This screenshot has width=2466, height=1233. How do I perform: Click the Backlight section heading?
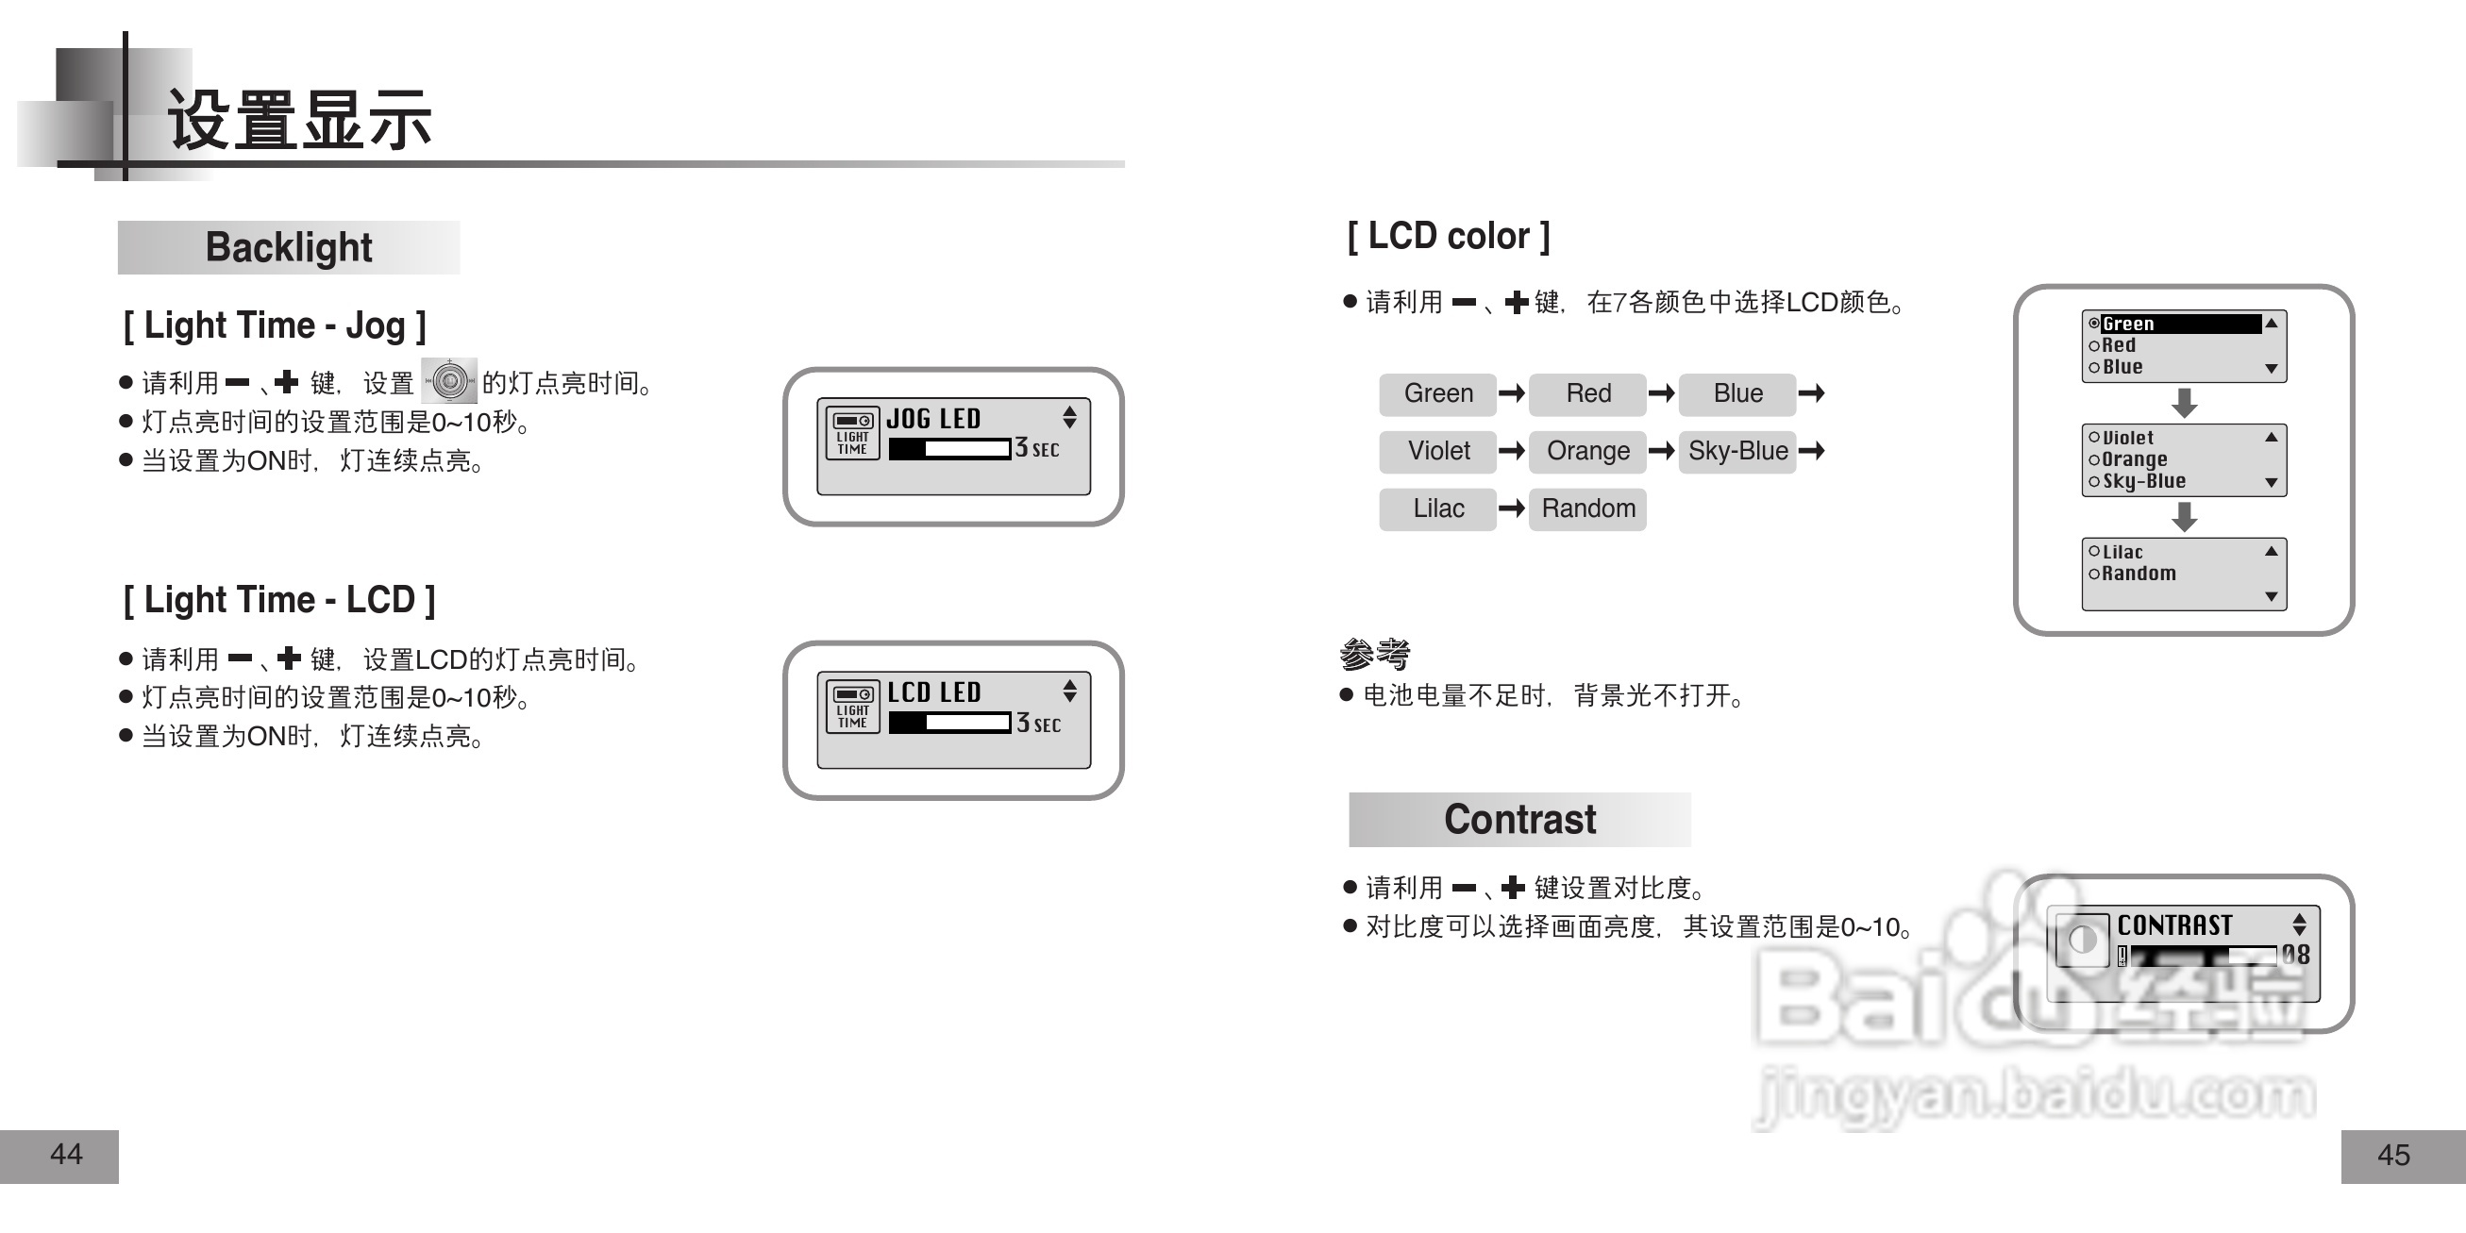288,248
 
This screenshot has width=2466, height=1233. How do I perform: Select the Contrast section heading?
1519,820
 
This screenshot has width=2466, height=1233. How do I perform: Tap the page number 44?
65,1155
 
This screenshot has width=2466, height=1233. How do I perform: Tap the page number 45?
2393,1156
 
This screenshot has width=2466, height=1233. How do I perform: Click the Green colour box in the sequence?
1437,393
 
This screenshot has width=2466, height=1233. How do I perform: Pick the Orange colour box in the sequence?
1587,451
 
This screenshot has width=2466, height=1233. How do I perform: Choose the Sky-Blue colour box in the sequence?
1736,451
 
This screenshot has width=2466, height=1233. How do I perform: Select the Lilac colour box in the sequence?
1437,508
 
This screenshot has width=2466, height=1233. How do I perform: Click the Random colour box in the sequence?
1587,508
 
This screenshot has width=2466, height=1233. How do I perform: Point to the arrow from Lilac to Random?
1512,508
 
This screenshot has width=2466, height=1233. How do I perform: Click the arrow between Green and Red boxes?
1512,393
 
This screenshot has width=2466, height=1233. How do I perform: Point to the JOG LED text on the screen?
933,419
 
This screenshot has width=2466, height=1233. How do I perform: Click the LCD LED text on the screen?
933,692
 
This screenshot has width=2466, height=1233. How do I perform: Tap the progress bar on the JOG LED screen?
948,449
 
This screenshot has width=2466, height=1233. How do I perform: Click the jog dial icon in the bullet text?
449,382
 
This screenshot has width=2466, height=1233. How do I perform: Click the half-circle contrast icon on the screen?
2082,940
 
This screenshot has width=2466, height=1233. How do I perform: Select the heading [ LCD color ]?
1448,237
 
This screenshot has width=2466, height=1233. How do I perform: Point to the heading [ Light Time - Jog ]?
274,326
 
